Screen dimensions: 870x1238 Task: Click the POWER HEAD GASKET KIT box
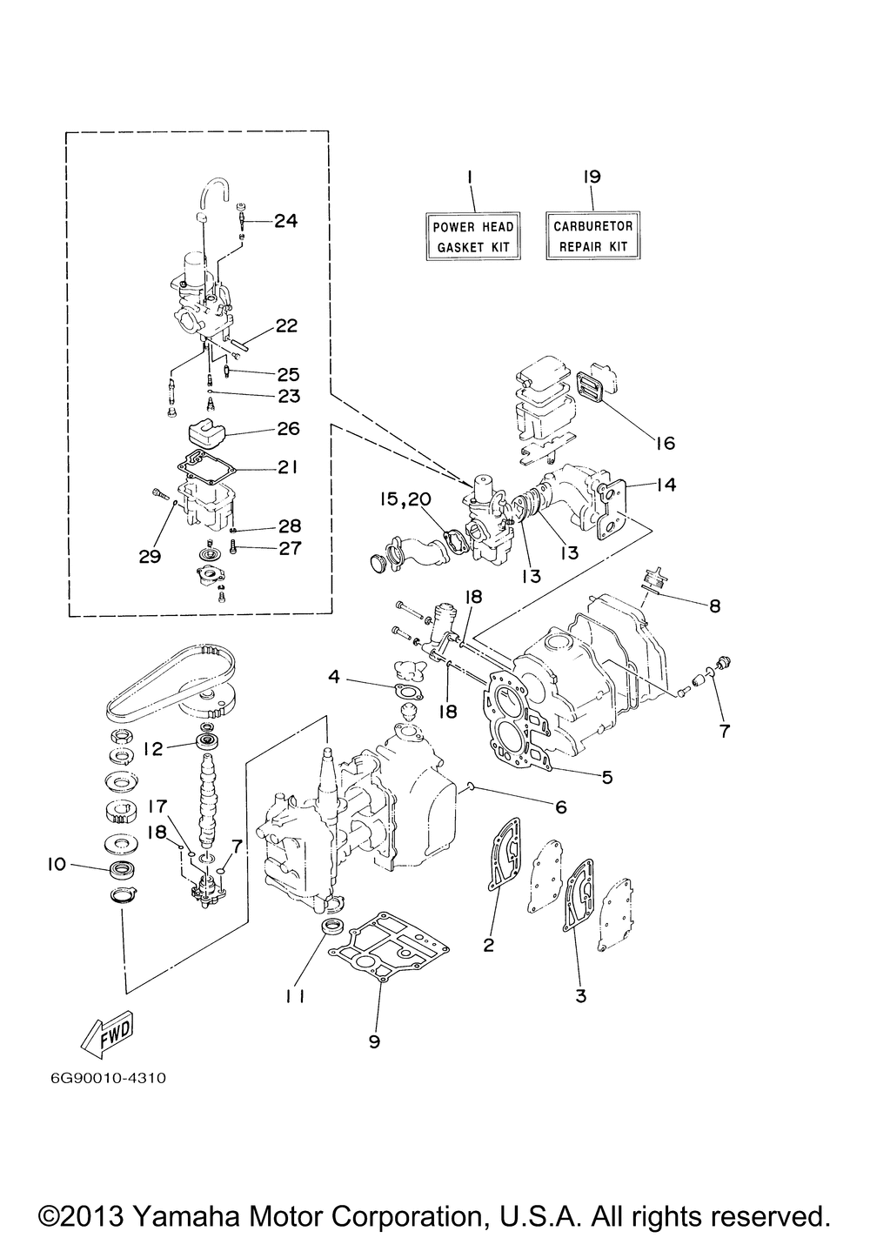point(472,236)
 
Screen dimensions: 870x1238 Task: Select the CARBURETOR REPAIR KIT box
point(593,235)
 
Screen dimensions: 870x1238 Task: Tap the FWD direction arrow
point(108,1034)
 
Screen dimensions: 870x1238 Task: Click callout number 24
point(286,221)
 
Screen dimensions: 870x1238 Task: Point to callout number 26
point(289,428)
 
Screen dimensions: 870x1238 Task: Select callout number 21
point(287,467)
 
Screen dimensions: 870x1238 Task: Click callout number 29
point(150,555)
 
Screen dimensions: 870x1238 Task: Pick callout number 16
point(666,443)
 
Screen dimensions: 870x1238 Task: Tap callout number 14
point(666,484)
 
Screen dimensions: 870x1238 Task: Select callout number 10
point(57,864)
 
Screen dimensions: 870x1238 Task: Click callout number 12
point(152,749)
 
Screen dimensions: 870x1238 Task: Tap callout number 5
point(607,777)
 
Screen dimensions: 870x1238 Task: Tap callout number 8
point(714,606)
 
